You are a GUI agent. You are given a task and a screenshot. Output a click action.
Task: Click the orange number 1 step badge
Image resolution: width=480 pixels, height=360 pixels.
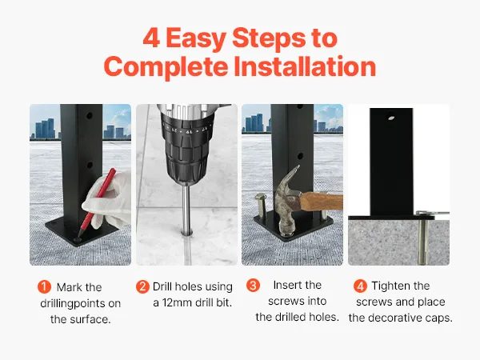[44, 287]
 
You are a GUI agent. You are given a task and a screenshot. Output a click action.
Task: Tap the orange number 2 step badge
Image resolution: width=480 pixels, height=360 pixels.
[142, 287]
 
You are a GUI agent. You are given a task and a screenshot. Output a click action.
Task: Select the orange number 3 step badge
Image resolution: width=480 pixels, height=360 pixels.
[253, 286]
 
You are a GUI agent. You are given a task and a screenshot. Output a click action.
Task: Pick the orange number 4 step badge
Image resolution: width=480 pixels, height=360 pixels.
[360, 286]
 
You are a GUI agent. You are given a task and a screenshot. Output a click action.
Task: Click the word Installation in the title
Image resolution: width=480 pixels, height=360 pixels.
[305, 66]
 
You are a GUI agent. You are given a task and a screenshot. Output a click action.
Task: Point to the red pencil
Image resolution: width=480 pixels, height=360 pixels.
[97, 202]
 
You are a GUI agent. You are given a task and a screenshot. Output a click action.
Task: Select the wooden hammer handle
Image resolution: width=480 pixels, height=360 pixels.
[321, 202]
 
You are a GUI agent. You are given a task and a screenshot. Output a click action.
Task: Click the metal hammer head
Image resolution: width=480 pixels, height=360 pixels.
[287, 198]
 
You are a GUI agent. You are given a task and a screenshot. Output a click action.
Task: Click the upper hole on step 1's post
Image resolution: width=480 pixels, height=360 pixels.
[90, 116]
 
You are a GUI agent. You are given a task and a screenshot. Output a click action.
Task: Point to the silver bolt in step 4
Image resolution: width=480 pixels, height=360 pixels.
[423, 238]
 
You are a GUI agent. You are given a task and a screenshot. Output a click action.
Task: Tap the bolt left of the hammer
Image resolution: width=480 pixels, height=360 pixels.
[261, 206]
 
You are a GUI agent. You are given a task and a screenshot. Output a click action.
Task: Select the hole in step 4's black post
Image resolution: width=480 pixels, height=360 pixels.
[390, 118]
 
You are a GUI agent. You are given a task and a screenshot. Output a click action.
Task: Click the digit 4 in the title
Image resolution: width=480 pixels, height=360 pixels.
[151, 38]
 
